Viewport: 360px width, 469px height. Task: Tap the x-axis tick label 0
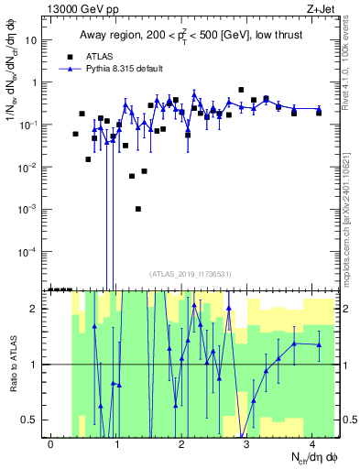(x=51, y=444)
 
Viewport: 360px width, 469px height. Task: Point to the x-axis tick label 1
(x=117, y=444)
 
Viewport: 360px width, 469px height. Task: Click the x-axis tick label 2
(x=182, y=444)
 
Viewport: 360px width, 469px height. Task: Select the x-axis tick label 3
(x=247, y=444)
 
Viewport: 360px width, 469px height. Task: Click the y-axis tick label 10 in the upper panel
(x=28, y=40)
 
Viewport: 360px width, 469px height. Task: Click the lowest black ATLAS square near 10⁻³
(x=137, y=209)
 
